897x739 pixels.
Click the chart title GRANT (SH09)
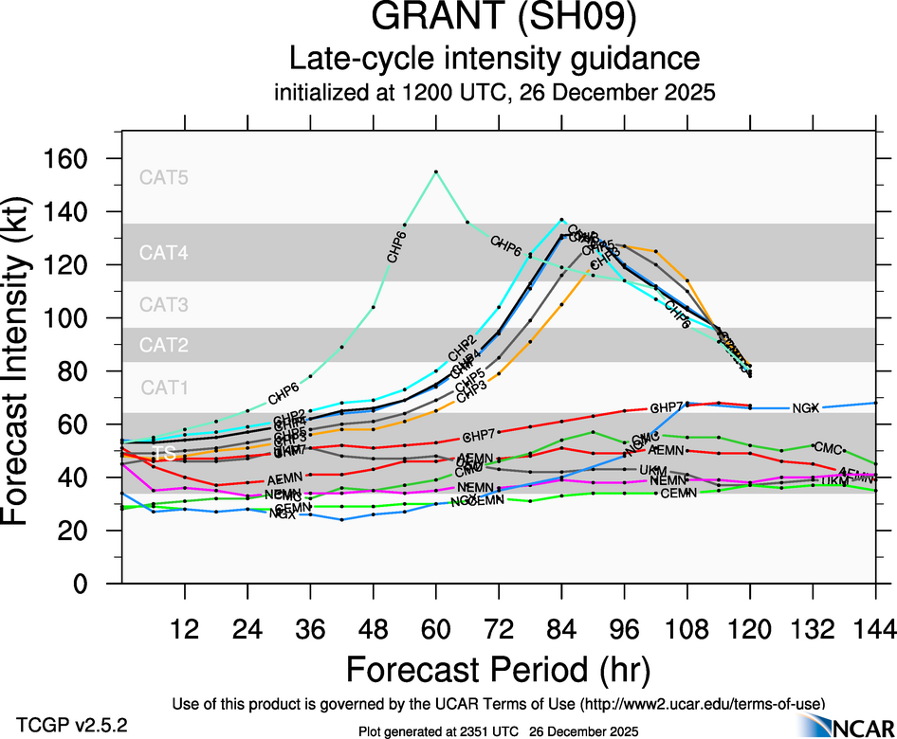493,20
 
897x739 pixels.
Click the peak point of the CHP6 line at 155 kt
435,171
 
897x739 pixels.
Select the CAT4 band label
164,252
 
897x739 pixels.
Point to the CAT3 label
164,305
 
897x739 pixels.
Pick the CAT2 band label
164,345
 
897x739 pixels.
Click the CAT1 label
164,387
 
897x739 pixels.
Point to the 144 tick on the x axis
875,628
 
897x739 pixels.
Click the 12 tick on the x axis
184,628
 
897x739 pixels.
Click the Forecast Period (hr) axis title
498,669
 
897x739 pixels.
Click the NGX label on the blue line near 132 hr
805,408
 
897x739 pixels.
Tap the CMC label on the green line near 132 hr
828,447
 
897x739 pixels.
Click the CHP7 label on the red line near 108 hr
667,407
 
